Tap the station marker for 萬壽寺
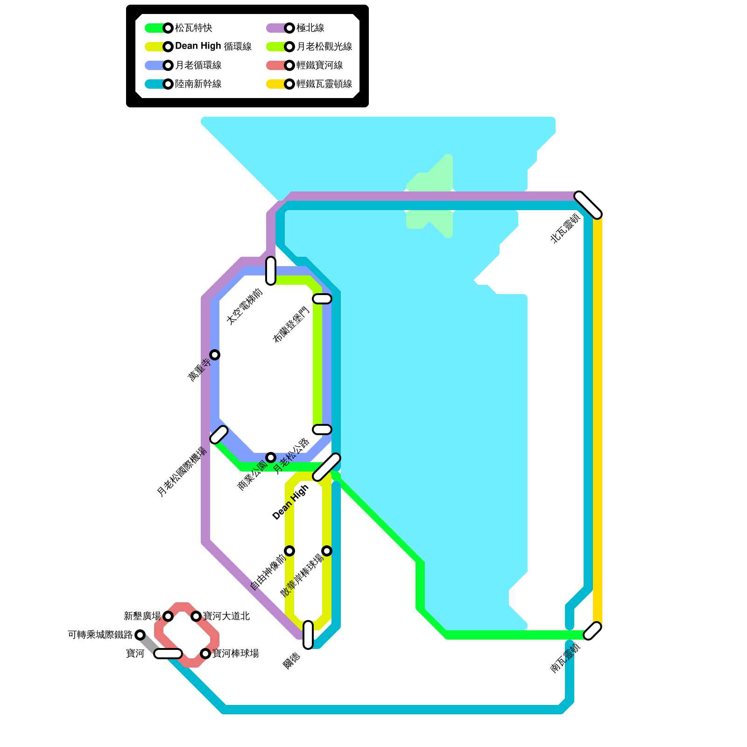[x=215, y=355]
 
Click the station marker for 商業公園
[x=271, y=458]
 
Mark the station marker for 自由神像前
[x=289, y=551]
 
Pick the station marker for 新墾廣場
[x=168, y=616]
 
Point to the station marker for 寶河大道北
[x=196, y=616]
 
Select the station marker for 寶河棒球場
[x=205, y=654]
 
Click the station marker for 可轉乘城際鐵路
[x=140, y=635]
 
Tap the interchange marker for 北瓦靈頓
[x=588, y=205]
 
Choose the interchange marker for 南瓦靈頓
[x=592, y=631]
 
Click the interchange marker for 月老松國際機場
[x=219, y=435]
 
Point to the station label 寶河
[x=135, y=654]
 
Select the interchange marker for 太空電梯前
[x=271, y=271]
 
